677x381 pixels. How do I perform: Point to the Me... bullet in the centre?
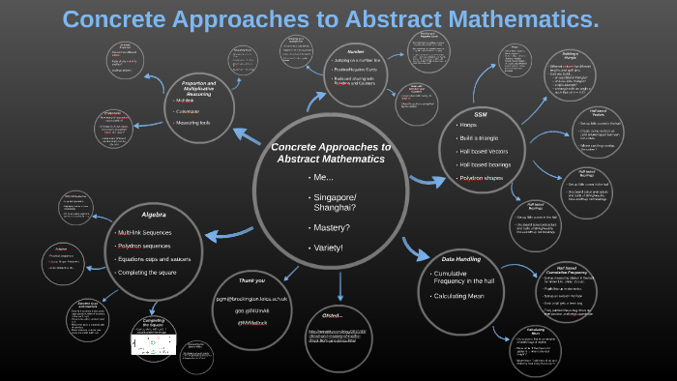[324, 179]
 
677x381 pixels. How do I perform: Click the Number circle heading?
[356, 50]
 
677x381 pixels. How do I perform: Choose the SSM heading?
[481, 114]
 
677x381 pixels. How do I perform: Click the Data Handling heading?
[462, 259]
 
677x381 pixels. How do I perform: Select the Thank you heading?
[251, 280]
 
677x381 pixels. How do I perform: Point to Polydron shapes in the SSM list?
[489, 179]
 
